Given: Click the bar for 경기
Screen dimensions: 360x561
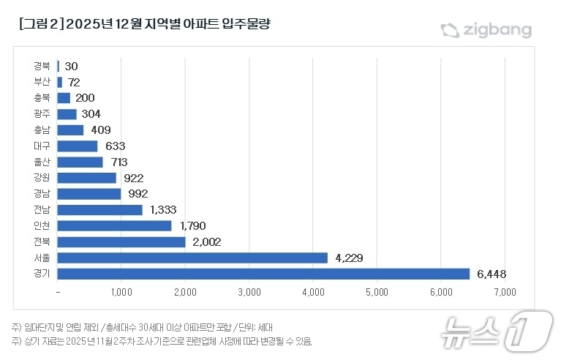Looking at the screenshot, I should pos(263,274).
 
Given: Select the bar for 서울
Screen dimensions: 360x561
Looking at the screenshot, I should pos(192,258).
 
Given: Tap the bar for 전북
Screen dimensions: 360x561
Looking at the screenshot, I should pos(121,241).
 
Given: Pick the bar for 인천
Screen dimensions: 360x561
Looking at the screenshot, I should pos(114,225).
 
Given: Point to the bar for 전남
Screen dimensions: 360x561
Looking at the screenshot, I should pos(99,210).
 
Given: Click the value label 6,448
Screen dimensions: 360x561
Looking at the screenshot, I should pos(492,274).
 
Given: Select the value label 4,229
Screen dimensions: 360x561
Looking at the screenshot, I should pos(349,258).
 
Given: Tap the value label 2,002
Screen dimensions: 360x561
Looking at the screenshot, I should pos(206,241).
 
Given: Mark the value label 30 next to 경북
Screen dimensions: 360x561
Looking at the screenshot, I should pos(71,66).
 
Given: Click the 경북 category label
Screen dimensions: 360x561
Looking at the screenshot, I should pos(42,66).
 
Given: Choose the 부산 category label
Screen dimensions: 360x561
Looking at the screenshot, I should pos(42,81).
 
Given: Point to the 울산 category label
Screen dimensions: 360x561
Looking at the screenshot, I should pos(42,162).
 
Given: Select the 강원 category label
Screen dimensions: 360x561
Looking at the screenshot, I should pos(42,178).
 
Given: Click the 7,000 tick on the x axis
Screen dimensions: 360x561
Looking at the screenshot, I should pos(505,292).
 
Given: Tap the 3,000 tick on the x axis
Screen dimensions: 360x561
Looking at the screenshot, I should pos(249,292).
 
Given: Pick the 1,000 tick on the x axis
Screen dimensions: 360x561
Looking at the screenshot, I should pos(121,292).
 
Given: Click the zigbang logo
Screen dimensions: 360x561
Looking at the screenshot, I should pos(486,30).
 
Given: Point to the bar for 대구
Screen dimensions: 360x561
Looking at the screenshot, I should pos(77,146).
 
